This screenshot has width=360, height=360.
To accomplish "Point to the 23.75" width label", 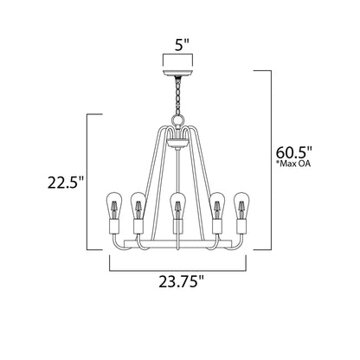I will [x=181, y=281].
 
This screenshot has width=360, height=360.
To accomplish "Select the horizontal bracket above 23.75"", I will [x=180, y=265].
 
